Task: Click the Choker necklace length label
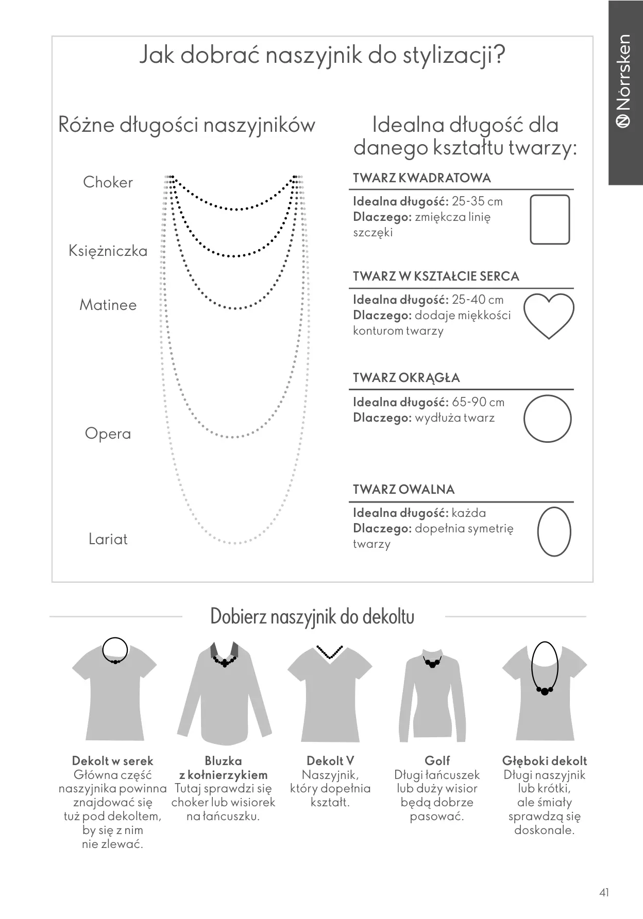(108, 182)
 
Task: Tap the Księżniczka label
(108, 251)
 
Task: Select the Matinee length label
(108, 305)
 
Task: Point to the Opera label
(108, 434)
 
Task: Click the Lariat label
(108, 539)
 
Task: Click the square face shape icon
(550, 219)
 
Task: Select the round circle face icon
(548, 419)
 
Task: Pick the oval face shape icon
(554, 531)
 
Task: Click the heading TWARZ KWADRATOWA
(422, 178)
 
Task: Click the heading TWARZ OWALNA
(403, 489)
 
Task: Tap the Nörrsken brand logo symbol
(624, 120)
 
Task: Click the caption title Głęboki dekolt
(545, 761)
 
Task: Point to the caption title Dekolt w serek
(112, 761)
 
